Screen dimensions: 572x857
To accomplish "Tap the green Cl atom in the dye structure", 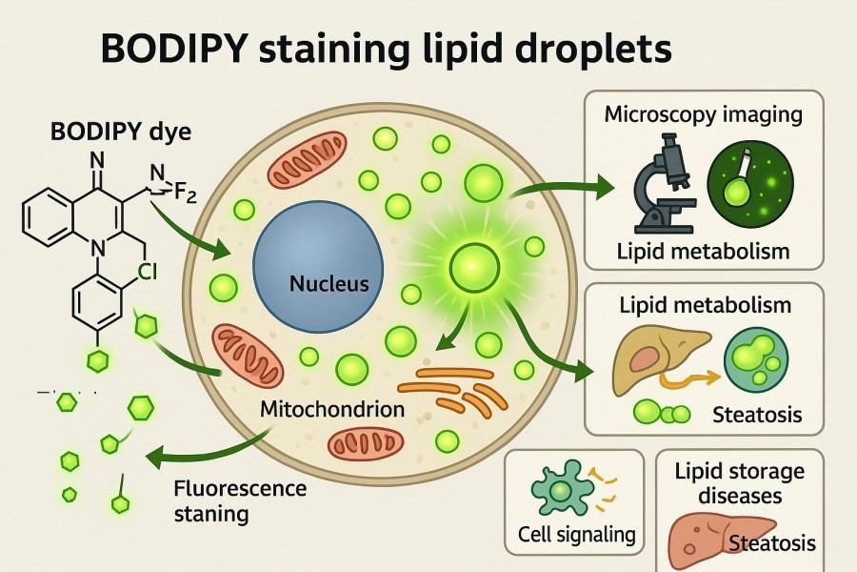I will (x=149, y=271).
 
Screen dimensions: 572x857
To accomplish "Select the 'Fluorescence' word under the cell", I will (x=240, y=489).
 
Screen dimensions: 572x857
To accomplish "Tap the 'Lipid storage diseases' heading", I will (x=739, y=483).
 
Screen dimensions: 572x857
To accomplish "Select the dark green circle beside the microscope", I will (x=749, y=184).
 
